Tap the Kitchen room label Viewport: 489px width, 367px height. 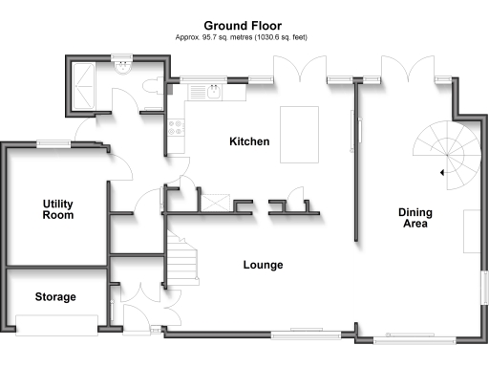coord(249,141)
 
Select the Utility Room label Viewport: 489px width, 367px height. coord(58,209)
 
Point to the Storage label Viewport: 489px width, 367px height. coord(55,297)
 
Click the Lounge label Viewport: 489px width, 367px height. coord(263,265)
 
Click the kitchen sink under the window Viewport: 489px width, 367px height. coord(205,93)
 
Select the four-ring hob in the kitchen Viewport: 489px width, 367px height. coord(176,124)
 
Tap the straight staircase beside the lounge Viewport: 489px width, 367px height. coord(181,258)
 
